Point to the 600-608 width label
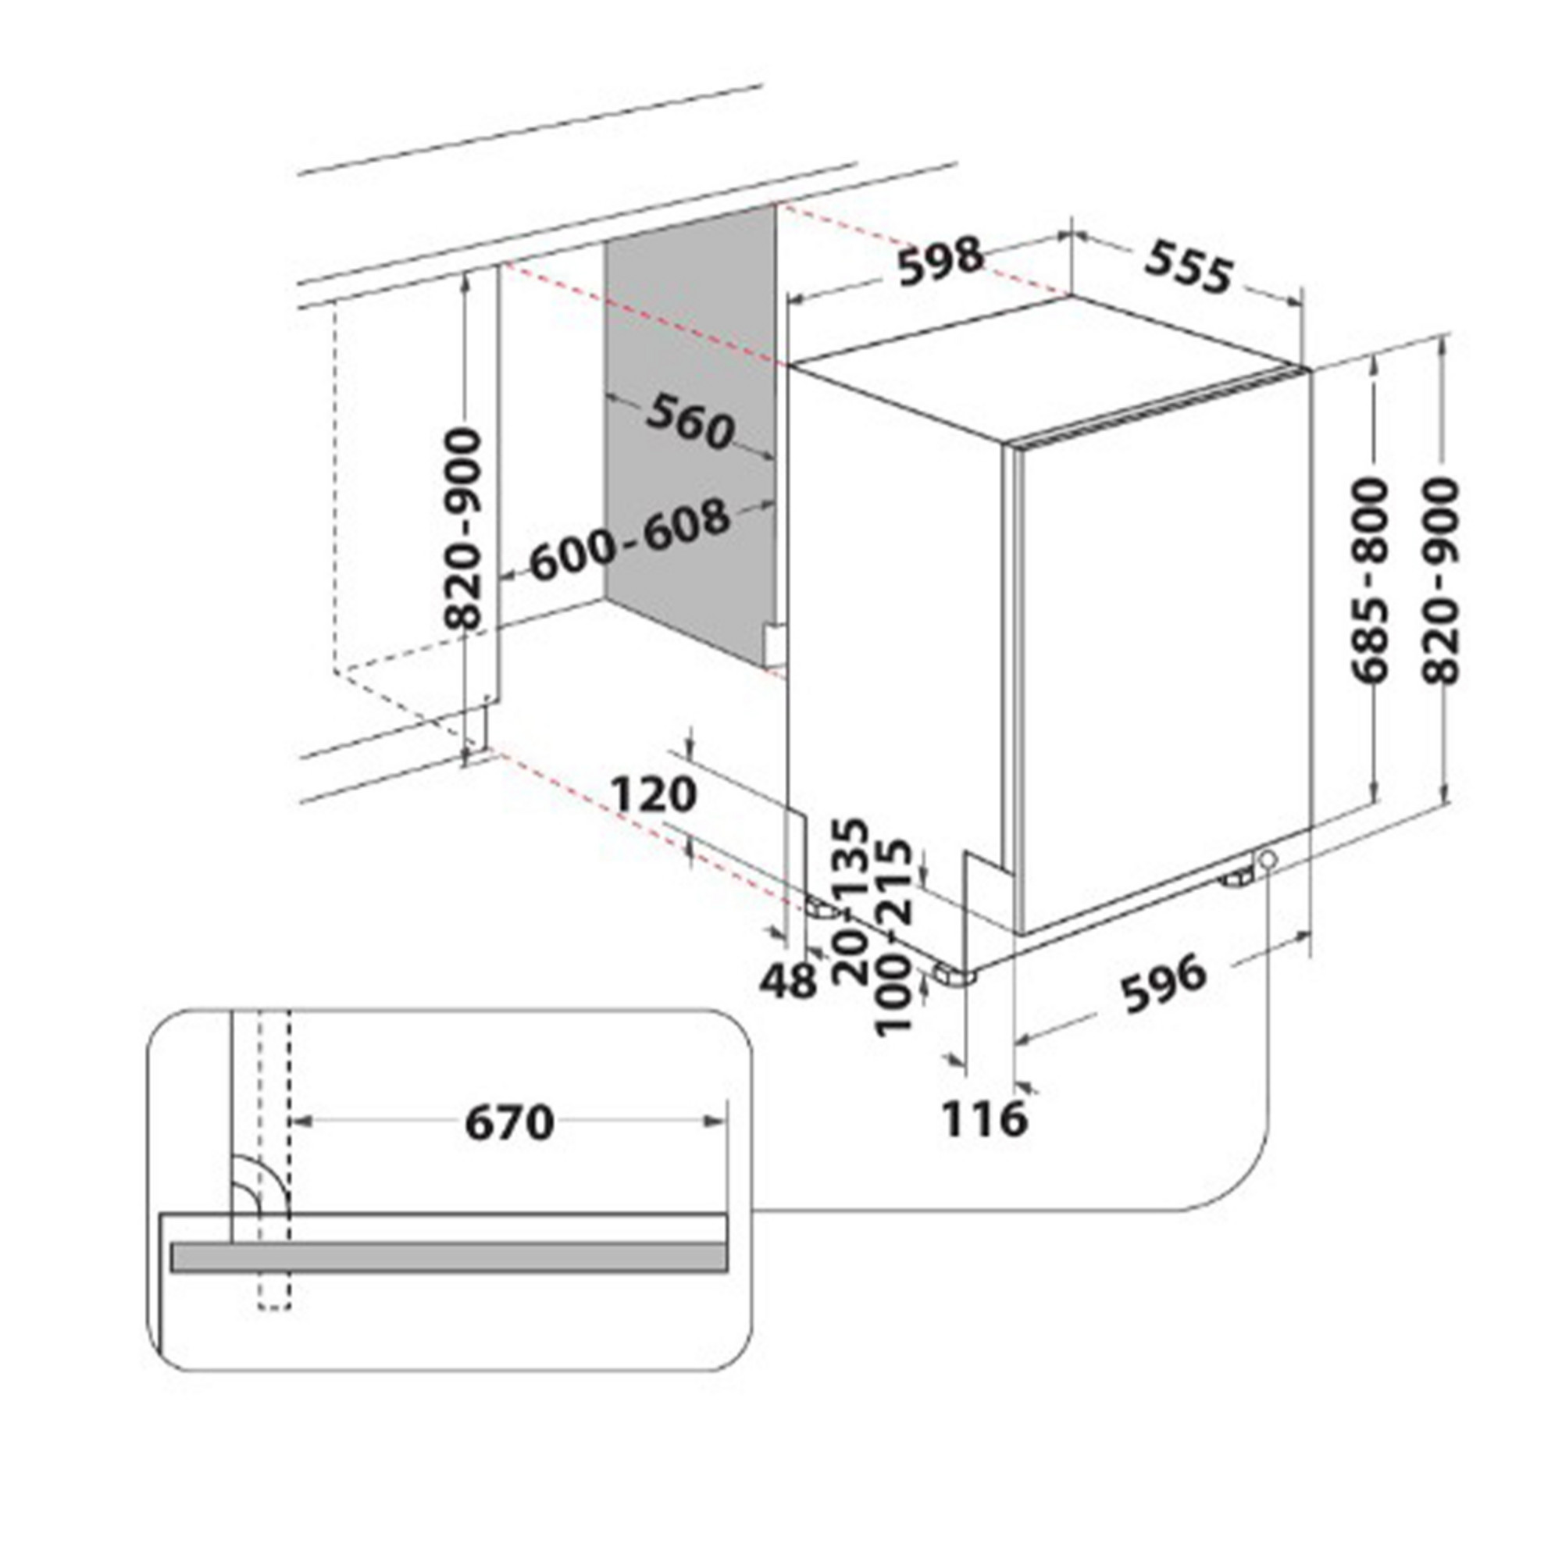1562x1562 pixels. click(629, 539)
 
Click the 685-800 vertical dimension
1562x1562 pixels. click(1371, 580)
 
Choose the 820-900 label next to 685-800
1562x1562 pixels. click(1443, 580)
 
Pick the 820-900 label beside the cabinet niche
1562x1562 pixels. click(465, 530)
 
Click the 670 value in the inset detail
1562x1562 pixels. click(509, 1123)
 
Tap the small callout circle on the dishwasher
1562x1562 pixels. click(1265, 858)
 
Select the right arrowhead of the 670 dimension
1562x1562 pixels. click(716, 1121)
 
